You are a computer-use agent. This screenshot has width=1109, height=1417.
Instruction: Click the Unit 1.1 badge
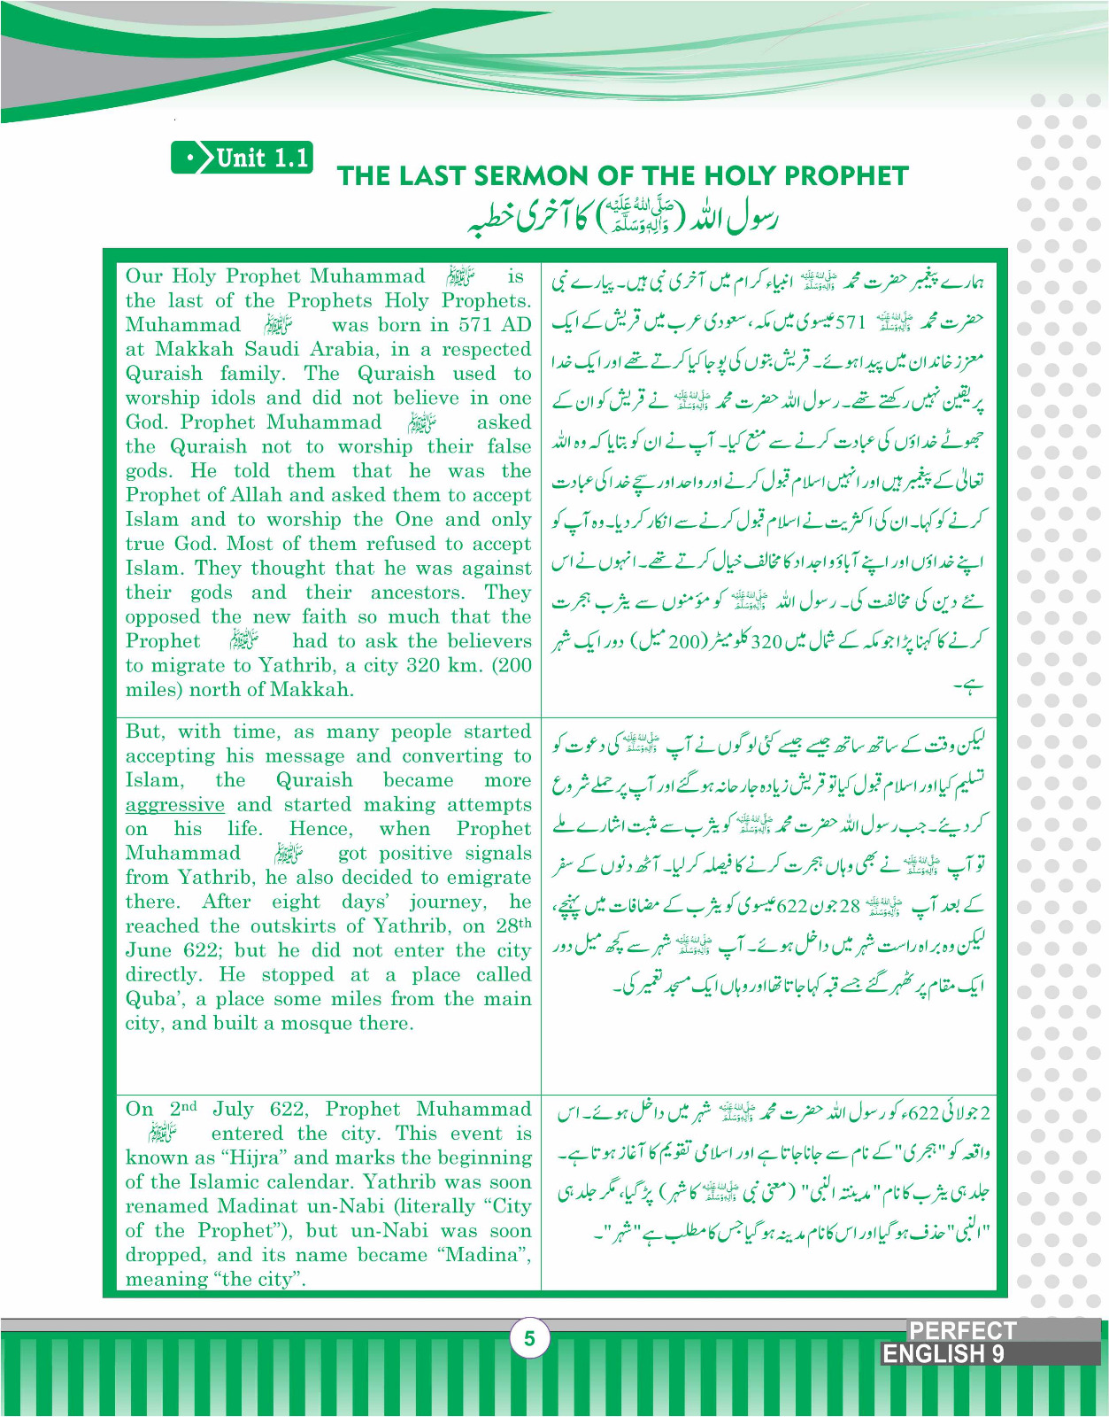coord(242,159)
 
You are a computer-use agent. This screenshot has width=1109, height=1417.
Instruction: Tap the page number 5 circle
coord(529,1338)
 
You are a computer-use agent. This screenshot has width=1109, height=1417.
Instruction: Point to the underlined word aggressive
coord(174,805)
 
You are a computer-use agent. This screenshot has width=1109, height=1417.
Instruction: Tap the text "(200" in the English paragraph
coord(511,666)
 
